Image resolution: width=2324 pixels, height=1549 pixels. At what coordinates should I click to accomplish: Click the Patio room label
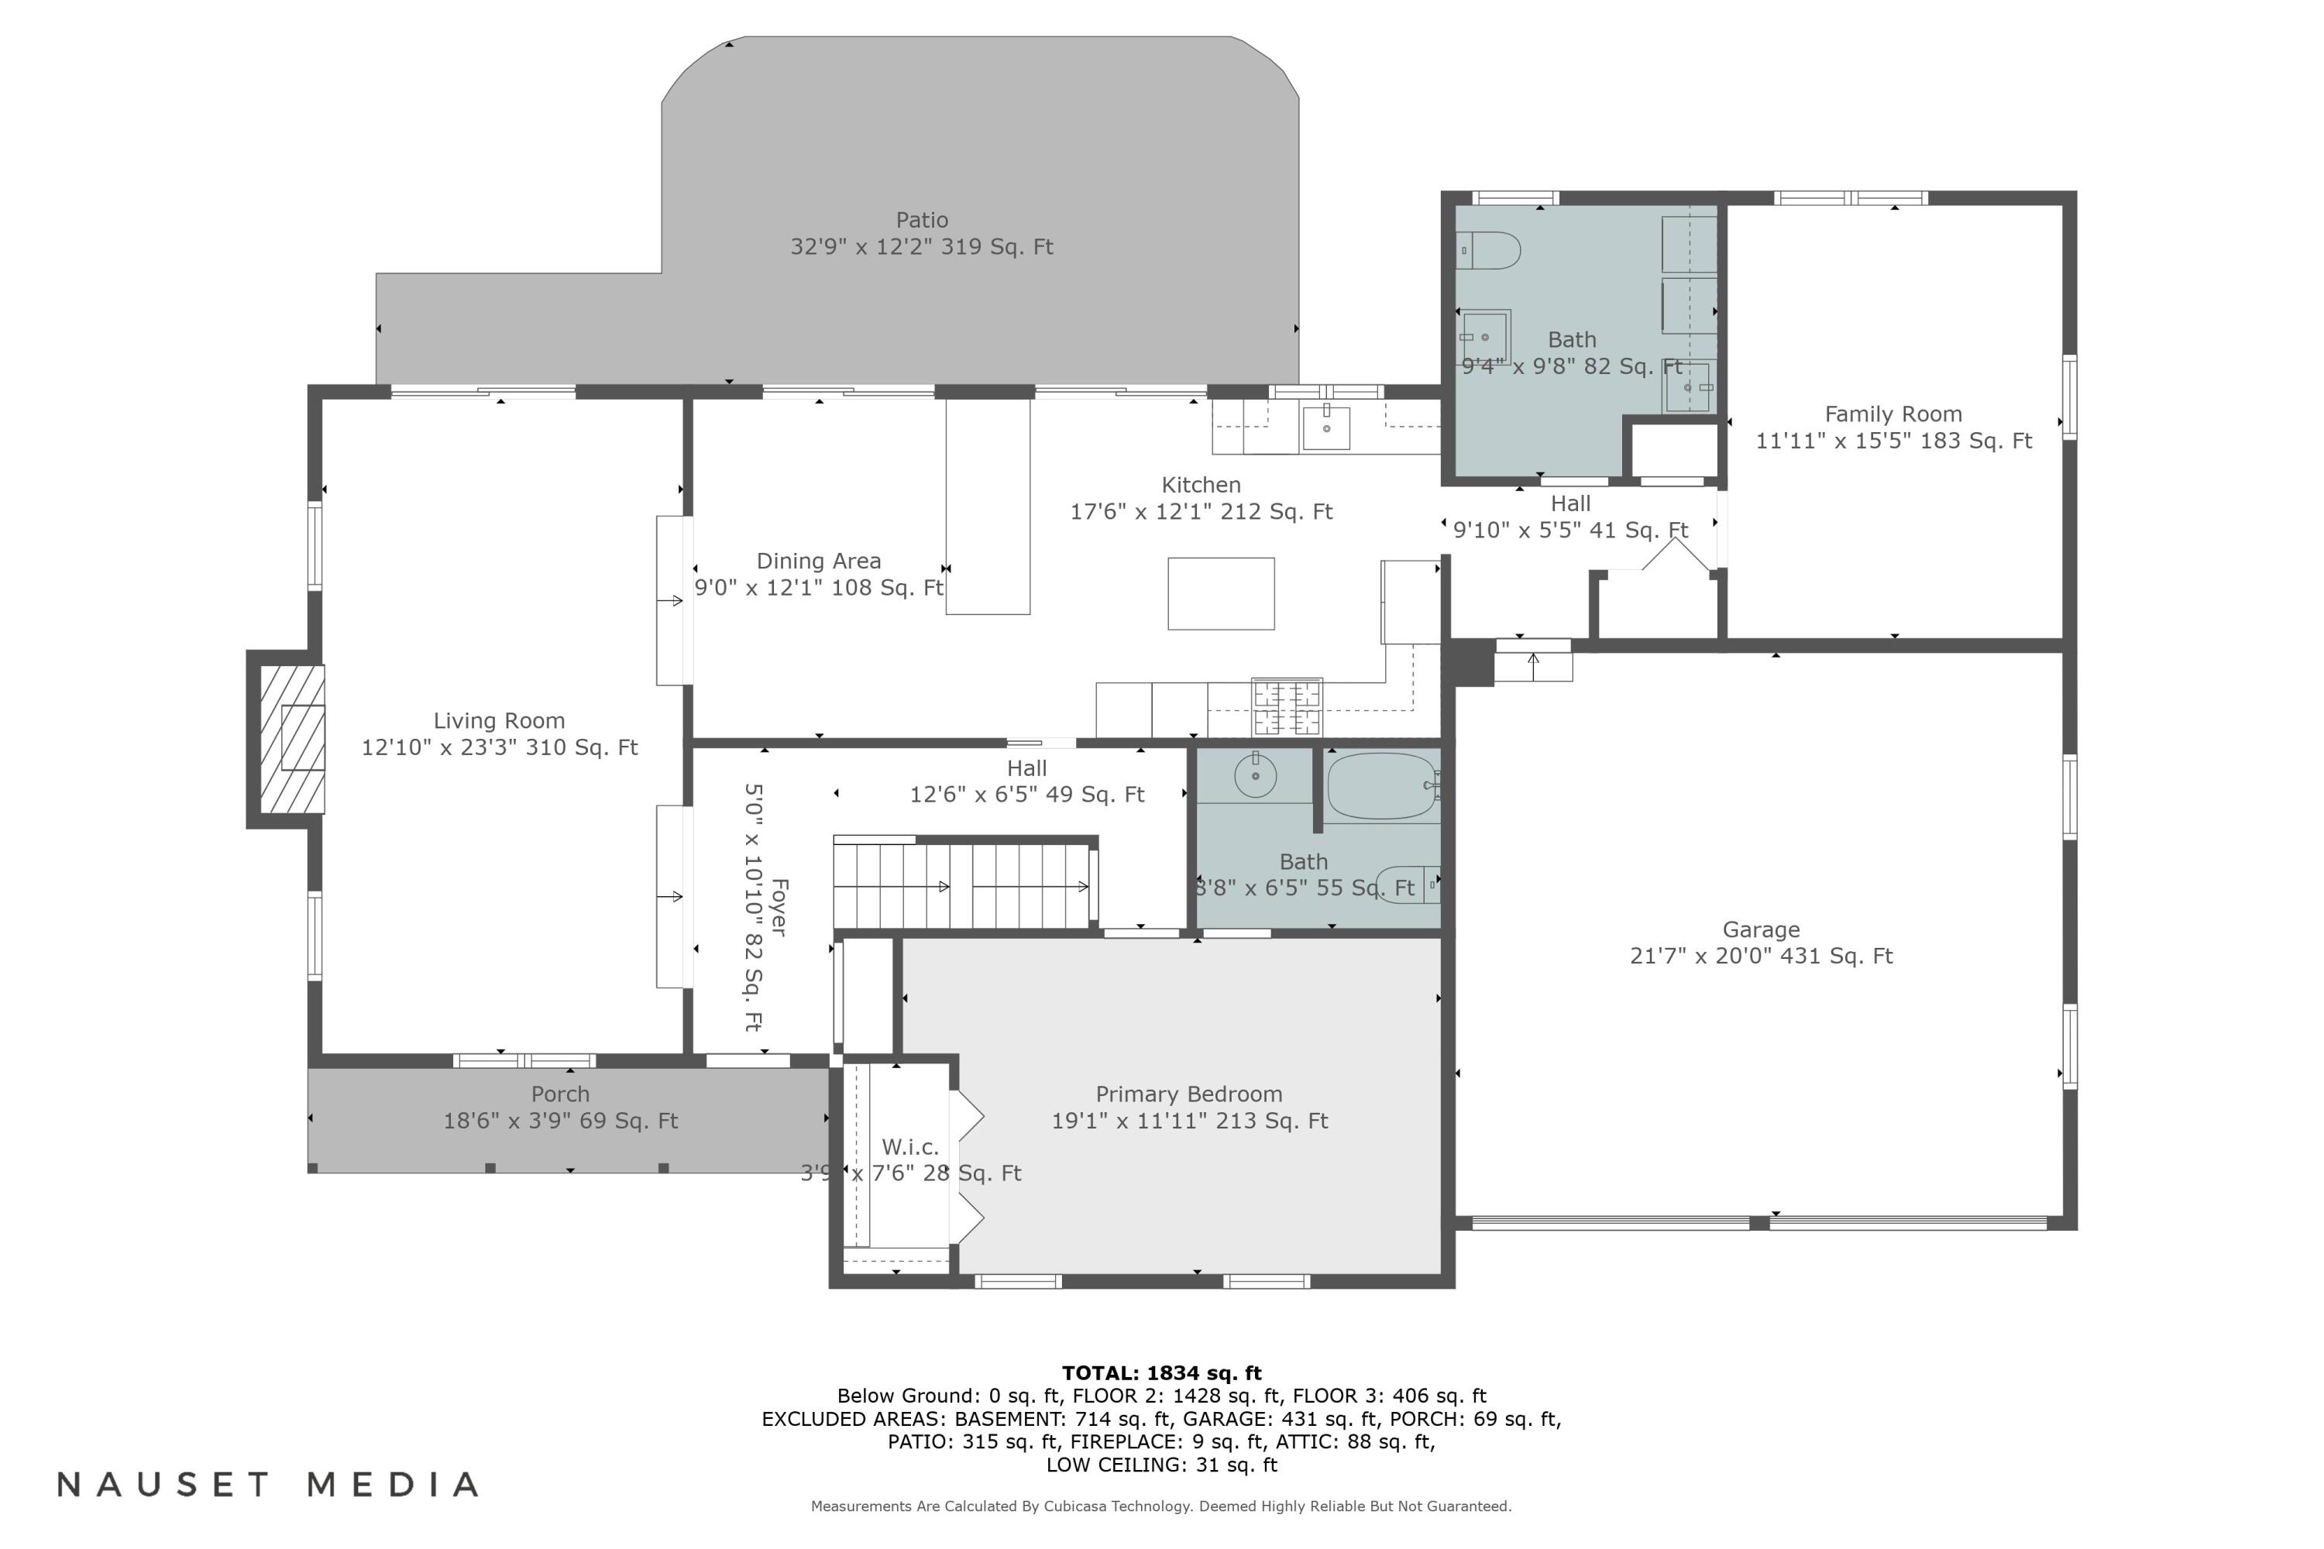(922, 220)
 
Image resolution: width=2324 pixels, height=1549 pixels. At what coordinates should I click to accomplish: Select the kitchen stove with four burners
(1287, 707)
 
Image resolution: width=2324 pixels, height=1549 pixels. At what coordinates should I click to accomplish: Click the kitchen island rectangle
(1222, 594)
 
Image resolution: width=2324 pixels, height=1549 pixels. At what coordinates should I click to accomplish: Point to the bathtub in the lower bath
(1382, 786)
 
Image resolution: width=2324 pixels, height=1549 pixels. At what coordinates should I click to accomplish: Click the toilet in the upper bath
(1488, 251)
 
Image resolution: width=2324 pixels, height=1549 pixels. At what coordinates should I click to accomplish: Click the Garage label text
(1761, 929)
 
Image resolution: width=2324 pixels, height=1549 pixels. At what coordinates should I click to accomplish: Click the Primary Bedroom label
(1188, 1094)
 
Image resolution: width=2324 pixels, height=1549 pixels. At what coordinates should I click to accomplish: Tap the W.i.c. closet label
(910, 1147)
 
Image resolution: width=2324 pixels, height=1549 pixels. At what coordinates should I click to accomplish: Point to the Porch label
(560, 1094)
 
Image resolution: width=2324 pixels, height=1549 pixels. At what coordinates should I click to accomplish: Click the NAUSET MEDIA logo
(268, 1484)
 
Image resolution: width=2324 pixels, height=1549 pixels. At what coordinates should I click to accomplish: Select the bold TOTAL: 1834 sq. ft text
(1162, 1373)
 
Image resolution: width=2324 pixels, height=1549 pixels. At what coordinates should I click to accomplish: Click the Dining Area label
(818, 561)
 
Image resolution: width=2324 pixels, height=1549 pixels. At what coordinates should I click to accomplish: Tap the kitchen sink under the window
(1326, 428)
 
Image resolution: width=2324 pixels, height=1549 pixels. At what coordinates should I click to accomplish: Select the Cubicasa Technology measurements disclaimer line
(1161, 1506)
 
